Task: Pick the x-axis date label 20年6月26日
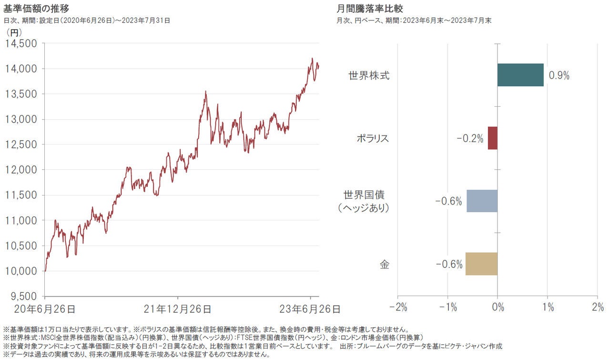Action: (45, 309)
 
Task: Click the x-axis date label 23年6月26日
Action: (311, 309)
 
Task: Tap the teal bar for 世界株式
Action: (520, 75)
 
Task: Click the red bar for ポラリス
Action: (492, 138)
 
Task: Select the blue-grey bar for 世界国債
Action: (482, 201)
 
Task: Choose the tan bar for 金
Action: (481, 264)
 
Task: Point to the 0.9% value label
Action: (559, 75)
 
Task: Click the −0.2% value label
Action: (469, 138)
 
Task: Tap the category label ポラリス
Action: (373, 138)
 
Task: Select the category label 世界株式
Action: (369, 75)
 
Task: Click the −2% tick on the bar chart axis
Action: (398, 308)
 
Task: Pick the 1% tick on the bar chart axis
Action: (548, 308)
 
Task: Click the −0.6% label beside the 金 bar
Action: (449, 264)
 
